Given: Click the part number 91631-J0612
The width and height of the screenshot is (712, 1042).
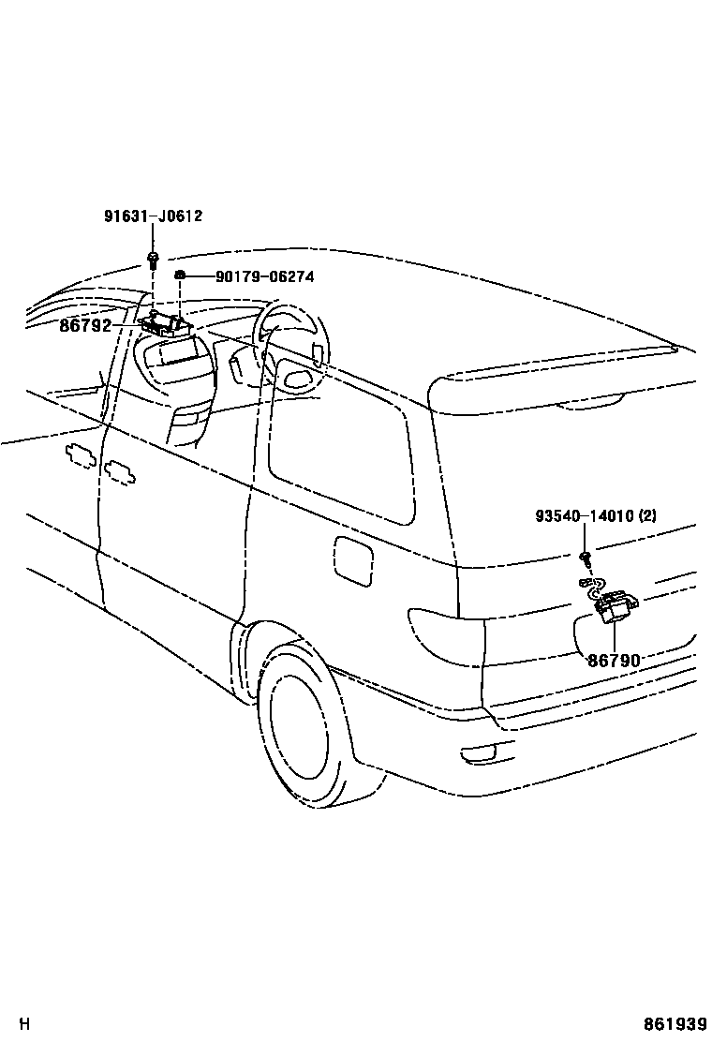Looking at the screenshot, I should pos(153,216).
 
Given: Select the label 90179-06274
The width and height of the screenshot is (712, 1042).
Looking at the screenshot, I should pos(264,276).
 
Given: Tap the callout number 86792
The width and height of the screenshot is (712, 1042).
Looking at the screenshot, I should pos(85,326).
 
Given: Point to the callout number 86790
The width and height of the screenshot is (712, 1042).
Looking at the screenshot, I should pos(614,661).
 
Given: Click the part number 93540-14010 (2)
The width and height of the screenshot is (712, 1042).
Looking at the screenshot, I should pos(596,516).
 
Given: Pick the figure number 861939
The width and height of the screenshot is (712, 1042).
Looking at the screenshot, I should pos(675,1024).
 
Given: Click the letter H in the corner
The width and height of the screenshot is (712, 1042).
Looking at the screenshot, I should pos(25,1024).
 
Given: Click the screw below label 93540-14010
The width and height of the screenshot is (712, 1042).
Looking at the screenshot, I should pos(585,558).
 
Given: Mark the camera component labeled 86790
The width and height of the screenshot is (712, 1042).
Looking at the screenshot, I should pos(616,607).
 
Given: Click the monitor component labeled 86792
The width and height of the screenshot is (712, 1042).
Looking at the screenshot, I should pos(166,324).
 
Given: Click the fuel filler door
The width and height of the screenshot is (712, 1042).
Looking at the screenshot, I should pos(352,561).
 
